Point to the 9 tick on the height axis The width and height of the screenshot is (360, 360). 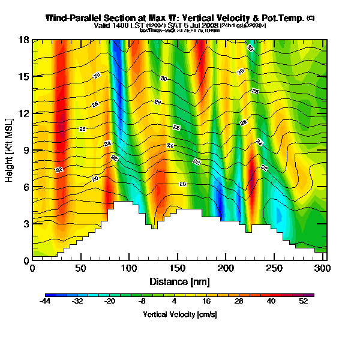point(25,150)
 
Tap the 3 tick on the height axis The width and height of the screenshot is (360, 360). point(25,224)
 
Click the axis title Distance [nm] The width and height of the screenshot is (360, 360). point(178,281)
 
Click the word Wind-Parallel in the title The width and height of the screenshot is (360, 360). point(74,18)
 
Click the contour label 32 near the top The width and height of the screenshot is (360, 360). point(250,48)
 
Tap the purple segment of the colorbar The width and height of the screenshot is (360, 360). point(311,295)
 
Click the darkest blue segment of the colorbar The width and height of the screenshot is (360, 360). point(49,295)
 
